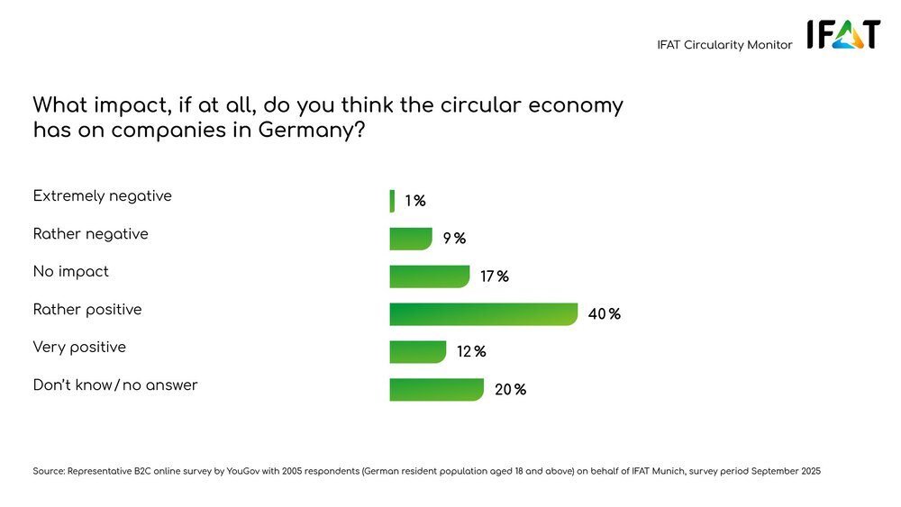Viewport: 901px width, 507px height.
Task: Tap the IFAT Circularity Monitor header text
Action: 724,45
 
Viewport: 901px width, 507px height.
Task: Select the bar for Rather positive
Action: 483,313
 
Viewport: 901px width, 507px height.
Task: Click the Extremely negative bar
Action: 392,201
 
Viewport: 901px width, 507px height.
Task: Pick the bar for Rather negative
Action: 411,239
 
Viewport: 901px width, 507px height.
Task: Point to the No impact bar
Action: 430,276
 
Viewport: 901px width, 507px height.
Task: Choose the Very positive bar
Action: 418,351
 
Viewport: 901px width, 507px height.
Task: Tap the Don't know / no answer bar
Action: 437,389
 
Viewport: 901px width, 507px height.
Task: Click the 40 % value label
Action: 605,314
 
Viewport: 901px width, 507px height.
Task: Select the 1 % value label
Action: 414,201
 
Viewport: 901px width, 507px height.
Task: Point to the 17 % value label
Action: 494,276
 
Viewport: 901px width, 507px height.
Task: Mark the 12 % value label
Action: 471,352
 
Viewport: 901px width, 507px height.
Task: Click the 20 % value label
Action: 510,390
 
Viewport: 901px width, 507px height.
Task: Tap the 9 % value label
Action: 454,239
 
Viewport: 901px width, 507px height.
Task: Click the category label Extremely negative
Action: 102,195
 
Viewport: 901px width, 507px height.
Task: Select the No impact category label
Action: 70,271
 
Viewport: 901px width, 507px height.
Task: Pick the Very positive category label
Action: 79,347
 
